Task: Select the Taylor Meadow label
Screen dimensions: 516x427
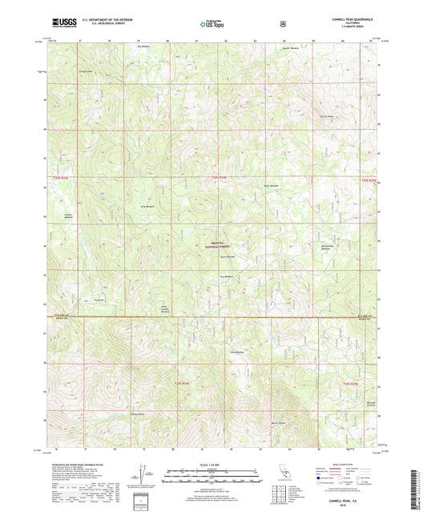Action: click(x=270, y=186)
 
